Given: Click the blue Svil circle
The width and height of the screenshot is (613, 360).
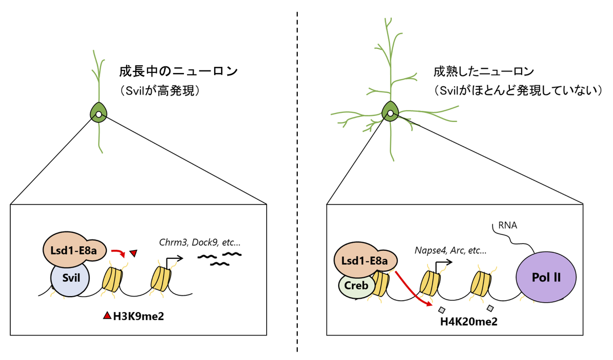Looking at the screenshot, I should (70, 280).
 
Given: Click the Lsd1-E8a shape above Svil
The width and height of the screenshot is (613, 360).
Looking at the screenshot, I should (74, 249).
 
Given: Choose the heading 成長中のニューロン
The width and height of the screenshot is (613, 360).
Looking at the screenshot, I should (178, 71).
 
